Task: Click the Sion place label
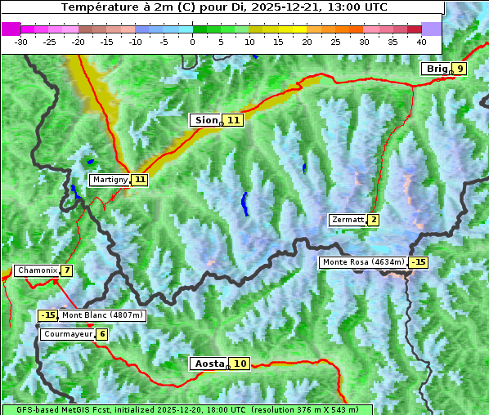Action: (204, 120)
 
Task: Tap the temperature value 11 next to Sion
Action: (234, 120)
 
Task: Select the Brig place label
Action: (436, 69)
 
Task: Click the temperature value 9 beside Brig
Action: (460, 69)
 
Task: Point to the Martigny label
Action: (110, 180)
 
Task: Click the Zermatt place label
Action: (347, 220)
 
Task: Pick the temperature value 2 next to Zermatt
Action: (374, 220)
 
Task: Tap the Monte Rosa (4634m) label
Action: (363, 262)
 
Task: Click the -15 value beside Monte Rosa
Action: (419, 262)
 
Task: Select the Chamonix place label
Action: (36, 270)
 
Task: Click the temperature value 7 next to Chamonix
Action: (66, 270)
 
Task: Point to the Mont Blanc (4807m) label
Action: (102, 315)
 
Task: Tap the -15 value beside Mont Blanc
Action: (48, 315)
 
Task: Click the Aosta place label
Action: (208, 364)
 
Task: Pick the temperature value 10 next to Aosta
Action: (240, 364)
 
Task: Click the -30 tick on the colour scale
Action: (21, 41)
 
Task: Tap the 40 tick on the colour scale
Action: (421, 41)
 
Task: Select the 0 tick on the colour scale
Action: (192, 41)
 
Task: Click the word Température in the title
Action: (95, 7)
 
